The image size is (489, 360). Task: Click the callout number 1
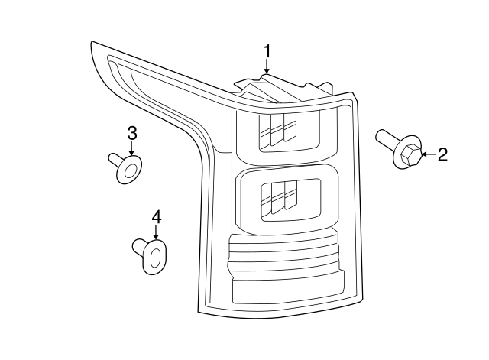[x=267, y=51]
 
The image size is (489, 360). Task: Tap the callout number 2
[x=442, y=154]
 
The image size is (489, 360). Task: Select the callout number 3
[x=132, y=133]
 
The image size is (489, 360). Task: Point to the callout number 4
[x=156, y=217]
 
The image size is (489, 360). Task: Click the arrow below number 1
[x=267, y=66]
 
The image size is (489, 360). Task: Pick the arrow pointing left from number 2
[x=429, y=154]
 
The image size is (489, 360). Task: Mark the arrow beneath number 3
[x=131, y=148]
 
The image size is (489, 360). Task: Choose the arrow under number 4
[x=156, y=232]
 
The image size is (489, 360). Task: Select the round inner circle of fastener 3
[x=129, y=170]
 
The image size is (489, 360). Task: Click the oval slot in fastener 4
[x=154, y=258]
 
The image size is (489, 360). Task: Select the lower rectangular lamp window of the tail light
[x=290, y=200]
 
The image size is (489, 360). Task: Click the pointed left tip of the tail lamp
[x=92, y=42]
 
